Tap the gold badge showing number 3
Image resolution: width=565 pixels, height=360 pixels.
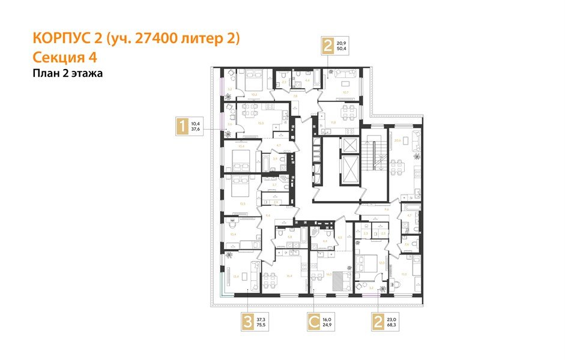(x=247, y=322)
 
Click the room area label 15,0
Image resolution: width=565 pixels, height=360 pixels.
(x=261, y=123)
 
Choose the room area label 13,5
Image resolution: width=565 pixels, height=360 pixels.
(x=242, y=203)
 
